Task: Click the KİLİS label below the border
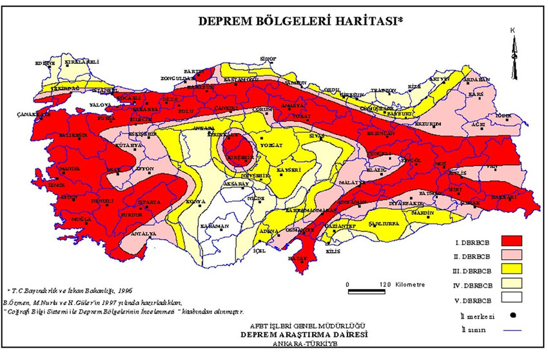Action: click(333, 251)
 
